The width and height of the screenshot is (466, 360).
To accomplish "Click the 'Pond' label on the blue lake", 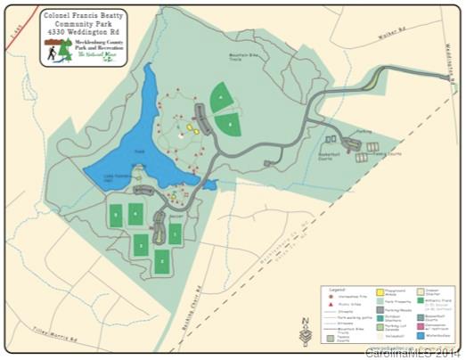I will [138, 152].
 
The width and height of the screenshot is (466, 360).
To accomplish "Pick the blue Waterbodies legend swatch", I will [421, 336].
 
